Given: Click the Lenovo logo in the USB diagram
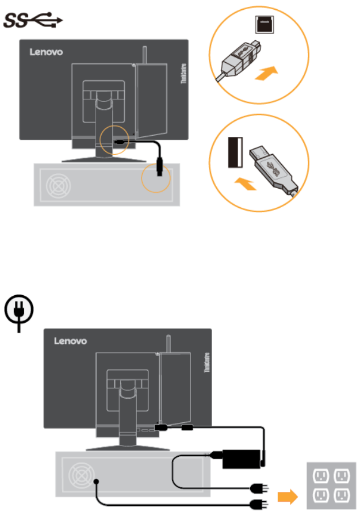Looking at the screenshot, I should click(46, 52).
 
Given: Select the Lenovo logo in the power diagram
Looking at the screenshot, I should click(70, 341).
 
